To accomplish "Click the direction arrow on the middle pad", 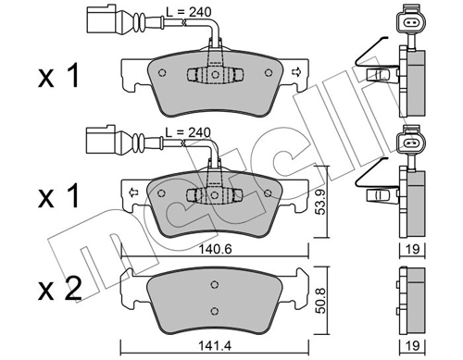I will (131, 192).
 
